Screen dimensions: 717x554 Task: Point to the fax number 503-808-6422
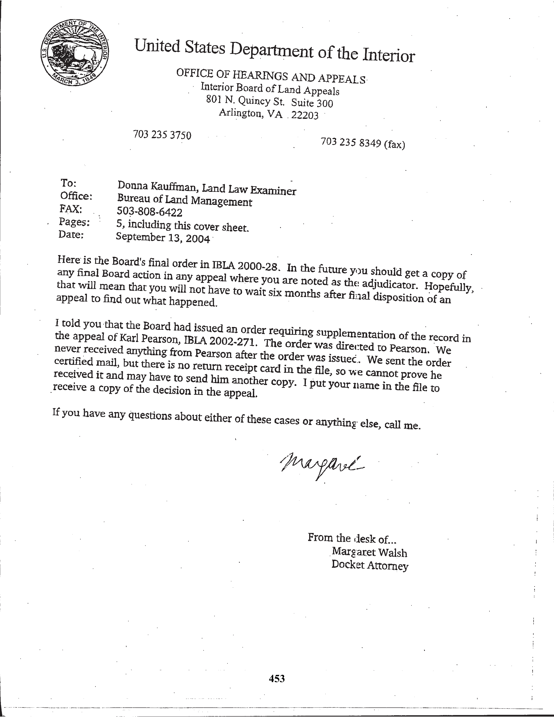149,212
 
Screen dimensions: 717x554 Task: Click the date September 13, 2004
163,237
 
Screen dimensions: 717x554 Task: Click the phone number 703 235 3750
162,135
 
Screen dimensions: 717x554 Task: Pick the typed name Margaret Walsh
369,552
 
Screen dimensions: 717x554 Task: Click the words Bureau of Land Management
185,200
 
